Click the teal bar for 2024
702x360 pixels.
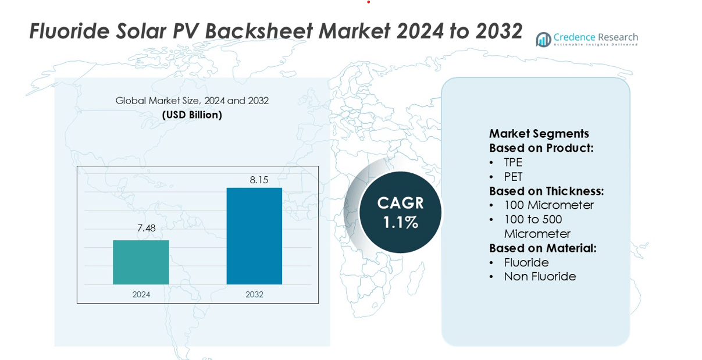coord(141,262)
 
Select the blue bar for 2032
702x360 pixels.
coord(254,236)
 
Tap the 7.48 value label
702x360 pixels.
coord(147,228)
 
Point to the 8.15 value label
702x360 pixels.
coord(259,180)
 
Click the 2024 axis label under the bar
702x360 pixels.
coord(141,295)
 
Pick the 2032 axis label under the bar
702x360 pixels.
coord(254,295)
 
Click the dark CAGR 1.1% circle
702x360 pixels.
coord(400,212)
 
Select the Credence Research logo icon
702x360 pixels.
coord(543,40)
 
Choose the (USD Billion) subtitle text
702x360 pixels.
coord(192,115)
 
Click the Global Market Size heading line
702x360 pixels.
coord(192,101)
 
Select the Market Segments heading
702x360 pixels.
coord(539,133)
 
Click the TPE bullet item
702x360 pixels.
coord(513,162)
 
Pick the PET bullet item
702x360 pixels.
coord(514,177)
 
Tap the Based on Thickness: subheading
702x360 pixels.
coord(546,191)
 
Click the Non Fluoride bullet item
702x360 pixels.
coord(540,276)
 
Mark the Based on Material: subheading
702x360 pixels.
coord(543,248)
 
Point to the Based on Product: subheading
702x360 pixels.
coord(541,148)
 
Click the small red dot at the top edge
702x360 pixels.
coord(368,2)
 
